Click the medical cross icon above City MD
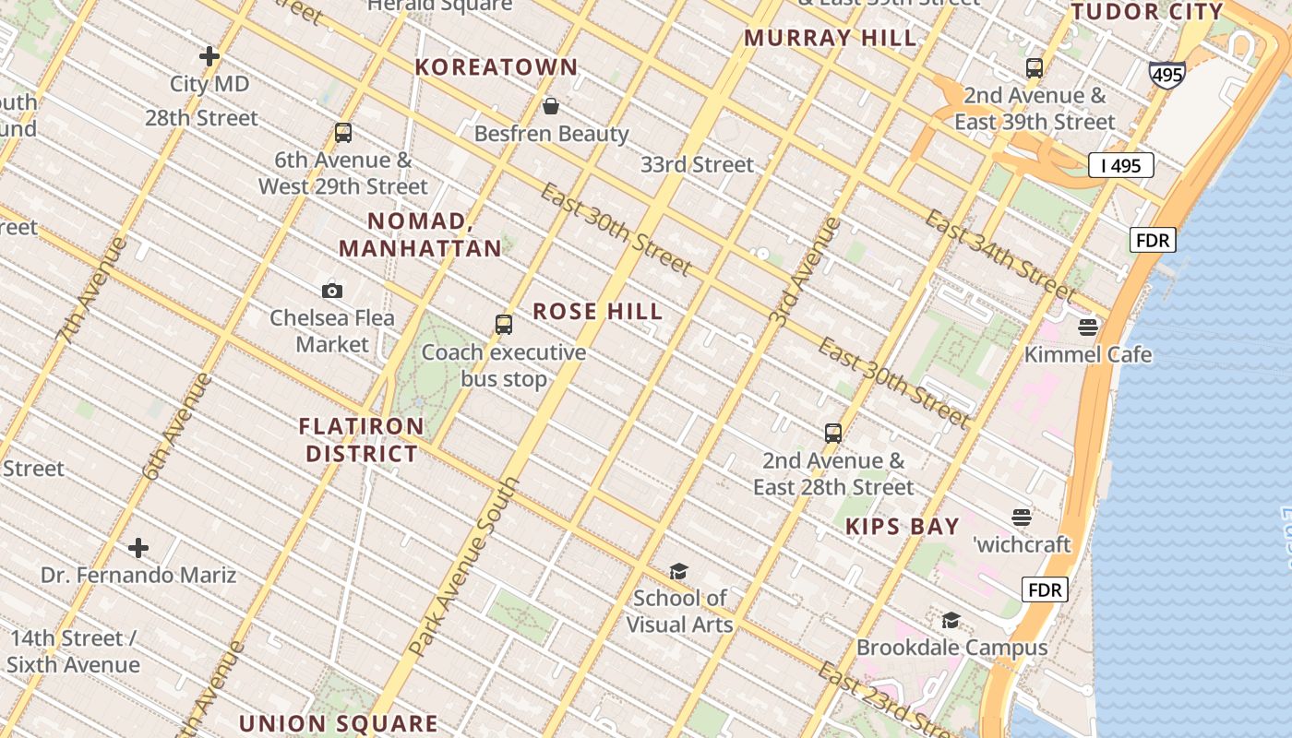(x=209, y=56)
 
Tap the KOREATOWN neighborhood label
(x=496, y=67)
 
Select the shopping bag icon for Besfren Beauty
(x=551, y=106)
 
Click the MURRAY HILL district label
(x=831, y=38)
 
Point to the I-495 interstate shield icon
(x=1166, y=75)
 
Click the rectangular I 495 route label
(x=1120, y=166)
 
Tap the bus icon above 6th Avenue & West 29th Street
(x=343, y=133)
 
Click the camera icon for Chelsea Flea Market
(x=332, y=291)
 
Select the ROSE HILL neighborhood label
(x=598, y=312)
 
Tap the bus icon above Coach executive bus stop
(x=503, y=325)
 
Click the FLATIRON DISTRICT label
(x=362, y=440)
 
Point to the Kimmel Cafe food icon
(x=1088, y=327)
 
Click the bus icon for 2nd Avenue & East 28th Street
(x=832, y=433)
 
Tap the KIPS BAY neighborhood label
(x=903, y=527)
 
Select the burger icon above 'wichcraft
(x=1021, y=517)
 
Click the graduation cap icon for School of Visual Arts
(x=678, y=571)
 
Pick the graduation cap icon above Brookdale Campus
(x=951, y=620)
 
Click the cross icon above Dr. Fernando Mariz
(x=138, y=549)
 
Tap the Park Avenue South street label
(x=464, y=566)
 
